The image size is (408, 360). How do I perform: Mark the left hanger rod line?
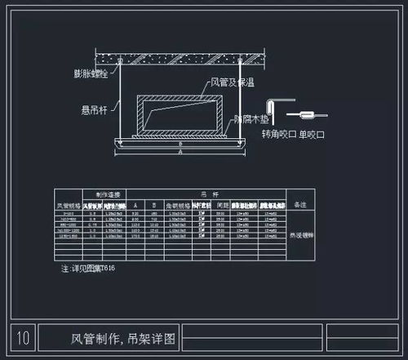pyautogui.click(x=119, y=102)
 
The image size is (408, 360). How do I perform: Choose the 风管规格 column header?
pyautogui.click(x=68, y=205)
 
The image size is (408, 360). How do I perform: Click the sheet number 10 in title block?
pyautogui.click(x=23, y=336)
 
